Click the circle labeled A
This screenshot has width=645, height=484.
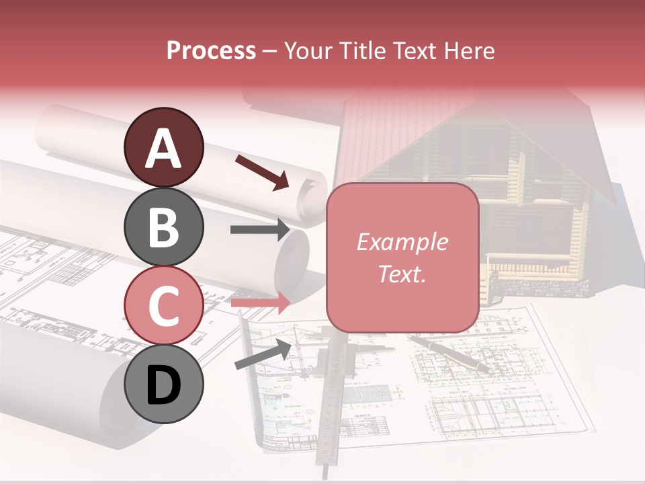coord(163,147)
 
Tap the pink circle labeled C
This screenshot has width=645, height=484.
coord(163,305)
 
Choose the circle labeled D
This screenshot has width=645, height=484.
coord(163,384)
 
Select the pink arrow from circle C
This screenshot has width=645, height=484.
coord(261,303)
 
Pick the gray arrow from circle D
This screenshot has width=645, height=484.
coord(263,355)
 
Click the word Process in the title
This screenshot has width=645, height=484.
coord(211,51)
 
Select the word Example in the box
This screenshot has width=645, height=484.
coord(402,242)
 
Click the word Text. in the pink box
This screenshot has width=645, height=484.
coord(402,274)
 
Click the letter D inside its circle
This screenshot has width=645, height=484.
coord(163,385)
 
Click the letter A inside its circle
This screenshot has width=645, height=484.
coord(163,149)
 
